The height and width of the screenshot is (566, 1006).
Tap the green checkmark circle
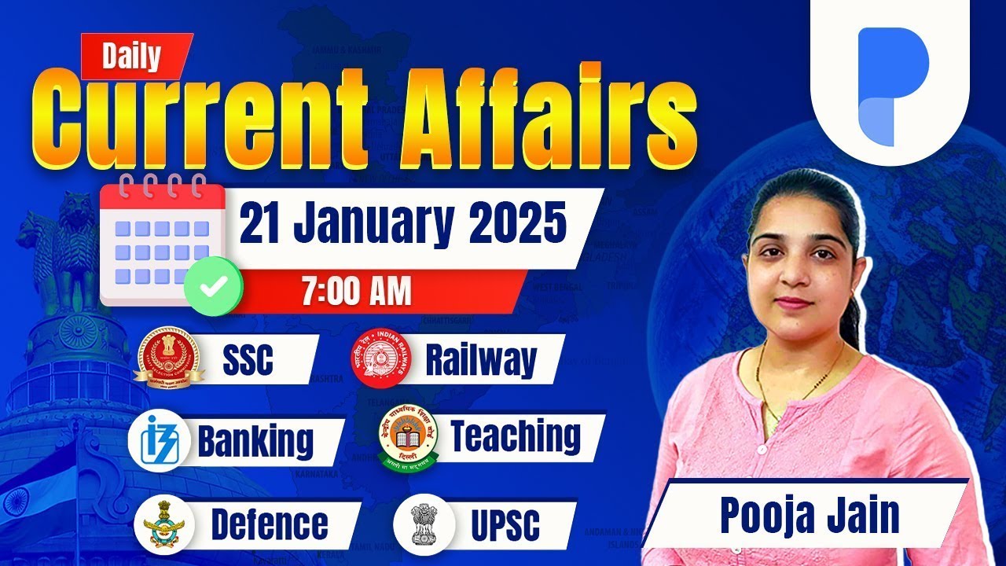click(x=211, y=286)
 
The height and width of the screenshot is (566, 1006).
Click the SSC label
click(x=248, y=360)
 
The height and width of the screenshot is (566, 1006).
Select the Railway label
click(x=480, y=360)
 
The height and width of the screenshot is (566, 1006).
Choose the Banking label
click(x=255, y=441)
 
